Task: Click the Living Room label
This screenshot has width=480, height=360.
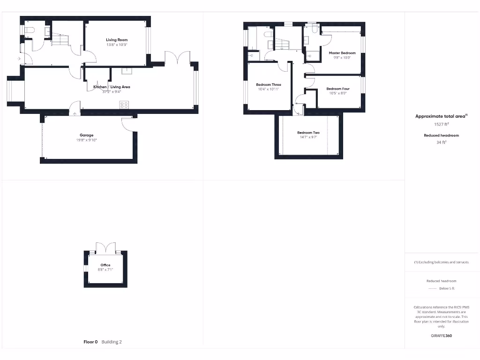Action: pos(117,40)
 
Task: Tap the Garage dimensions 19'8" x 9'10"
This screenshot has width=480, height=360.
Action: pos(86,140)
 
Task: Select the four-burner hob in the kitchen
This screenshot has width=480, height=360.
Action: pos(124,105)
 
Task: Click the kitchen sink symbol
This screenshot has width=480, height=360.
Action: pos(127,71)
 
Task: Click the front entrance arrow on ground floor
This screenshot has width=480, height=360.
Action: pos(19,59)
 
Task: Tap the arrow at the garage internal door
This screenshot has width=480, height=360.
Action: pos(75,113)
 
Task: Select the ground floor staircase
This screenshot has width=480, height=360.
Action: pos(60,40)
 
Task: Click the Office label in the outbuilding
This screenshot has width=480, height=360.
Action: pos(105,265)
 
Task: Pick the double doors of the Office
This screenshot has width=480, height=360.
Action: pos(105,247)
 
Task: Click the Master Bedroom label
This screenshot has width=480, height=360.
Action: pos(342,53)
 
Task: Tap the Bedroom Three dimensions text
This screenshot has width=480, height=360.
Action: pos(269,89)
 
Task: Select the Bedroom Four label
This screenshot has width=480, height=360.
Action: pos(338,89)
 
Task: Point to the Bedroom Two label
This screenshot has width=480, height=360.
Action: pos(308,133)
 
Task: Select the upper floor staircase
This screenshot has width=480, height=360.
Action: pos(281,45)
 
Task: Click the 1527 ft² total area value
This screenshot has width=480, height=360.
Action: pos(441,124)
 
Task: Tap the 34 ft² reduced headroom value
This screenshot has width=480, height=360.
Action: pos(441,142)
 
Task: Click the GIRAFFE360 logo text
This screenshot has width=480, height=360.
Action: pos(441,336)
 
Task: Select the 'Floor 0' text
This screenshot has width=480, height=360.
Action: pos(90,342)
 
